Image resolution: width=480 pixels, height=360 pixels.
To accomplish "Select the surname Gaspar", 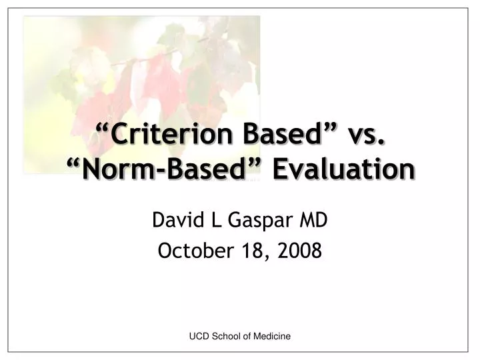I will coord(251,219).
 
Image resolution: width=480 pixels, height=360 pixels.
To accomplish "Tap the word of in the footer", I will coord(250,337).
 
